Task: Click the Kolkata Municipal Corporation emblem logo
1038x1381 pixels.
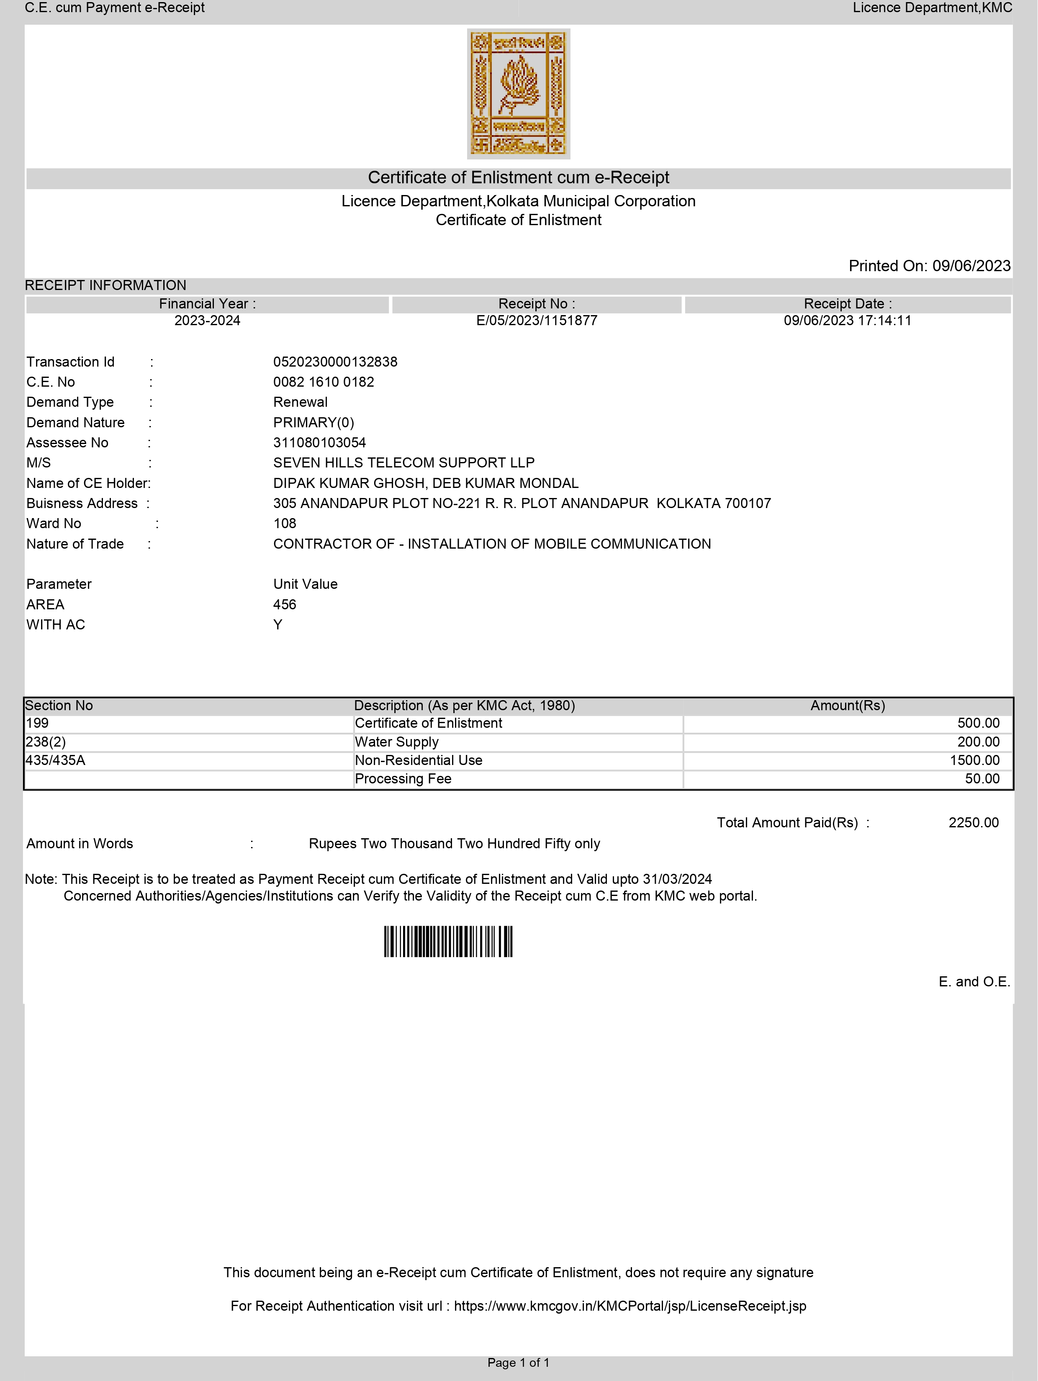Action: click(519, 94)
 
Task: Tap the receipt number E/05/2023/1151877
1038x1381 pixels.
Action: click(537, 321)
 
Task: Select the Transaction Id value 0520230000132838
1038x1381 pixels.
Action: click(335, 362)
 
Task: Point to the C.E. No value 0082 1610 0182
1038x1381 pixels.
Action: click(324, 382)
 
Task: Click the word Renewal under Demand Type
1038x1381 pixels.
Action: click(301, 402)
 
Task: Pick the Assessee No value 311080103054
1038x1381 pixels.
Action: click(320, 443)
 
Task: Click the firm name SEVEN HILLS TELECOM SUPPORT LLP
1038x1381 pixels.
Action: click(403, 462)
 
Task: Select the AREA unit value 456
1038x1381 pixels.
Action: click(285, 604)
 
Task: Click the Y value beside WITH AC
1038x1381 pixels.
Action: click(278, 625)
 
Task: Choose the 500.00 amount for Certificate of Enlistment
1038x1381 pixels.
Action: click(978, 723)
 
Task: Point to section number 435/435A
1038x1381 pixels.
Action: click(55, 760)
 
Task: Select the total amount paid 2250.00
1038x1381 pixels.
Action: click(973, 823)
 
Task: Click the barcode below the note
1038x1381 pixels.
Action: click(448, 942)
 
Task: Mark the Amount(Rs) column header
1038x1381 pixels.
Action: click(848, 706)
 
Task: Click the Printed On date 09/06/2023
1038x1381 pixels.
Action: click(971, 266)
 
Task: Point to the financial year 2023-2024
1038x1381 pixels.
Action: click(207, 321)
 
